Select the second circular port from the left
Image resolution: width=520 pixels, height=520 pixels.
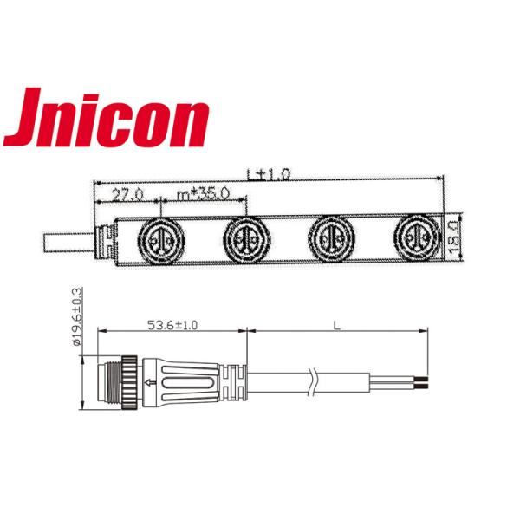[244, 237]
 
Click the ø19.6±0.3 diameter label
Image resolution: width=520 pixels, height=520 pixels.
[76, 316]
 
